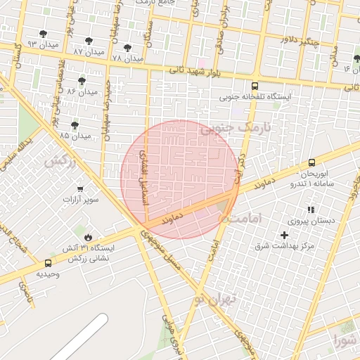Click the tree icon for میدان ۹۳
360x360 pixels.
[43, 34]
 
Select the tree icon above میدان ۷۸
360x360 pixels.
[127, 47]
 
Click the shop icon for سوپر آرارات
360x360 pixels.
[80, 188]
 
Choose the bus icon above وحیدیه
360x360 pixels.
[48, 263]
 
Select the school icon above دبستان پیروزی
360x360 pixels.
[310, 210]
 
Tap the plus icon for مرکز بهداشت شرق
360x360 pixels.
[284, 235]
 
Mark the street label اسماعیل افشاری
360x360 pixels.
[145, 176]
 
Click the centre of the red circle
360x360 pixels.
[179, 179]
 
